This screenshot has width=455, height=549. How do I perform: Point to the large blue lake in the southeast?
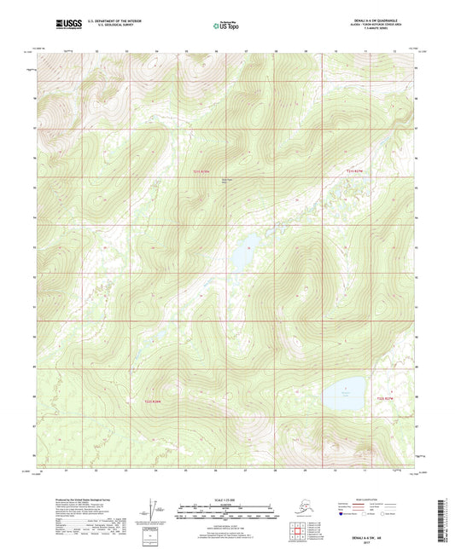[345, 394]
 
